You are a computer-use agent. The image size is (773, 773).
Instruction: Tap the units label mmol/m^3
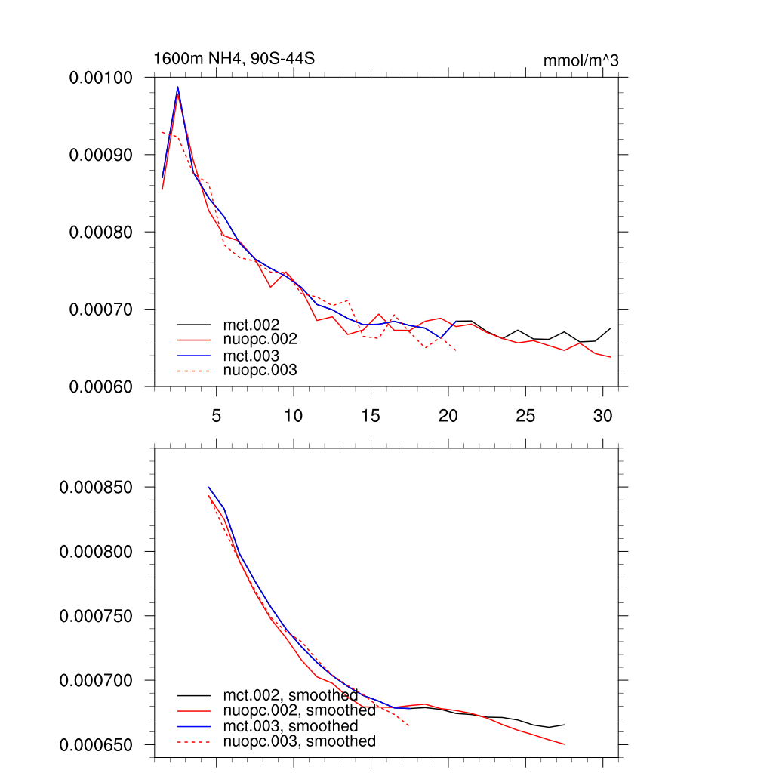[581, 60]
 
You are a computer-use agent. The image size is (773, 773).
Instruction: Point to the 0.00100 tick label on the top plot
[101, 77]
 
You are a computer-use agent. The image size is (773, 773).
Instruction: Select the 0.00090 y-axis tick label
[101, 155]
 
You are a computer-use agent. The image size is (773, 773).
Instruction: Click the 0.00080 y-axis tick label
[101, 232]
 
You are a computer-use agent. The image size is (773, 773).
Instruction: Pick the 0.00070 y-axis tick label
[101, 310]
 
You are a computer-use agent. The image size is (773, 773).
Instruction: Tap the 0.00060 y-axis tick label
[101, 386]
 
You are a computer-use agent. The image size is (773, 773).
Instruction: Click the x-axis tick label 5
[217, 415]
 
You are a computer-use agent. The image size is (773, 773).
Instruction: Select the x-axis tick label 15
[371, 415]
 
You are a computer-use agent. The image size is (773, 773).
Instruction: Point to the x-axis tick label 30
[602, 415]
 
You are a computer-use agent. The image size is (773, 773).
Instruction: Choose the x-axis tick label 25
[525, 415]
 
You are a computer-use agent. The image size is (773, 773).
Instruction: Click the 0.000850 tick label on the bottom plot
[96, 487]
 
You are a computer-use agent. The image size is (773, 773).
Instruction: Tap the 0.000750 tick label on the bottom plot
[96, 616]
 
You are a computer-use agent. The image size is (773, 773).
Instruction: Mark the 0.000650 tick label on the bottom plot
[96, 745]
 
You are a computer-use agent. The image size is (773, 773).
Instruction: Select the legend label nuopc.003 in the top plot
[260, 370]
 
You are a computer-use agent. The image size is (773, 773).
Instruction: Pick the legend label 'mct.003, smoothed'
[291, 726]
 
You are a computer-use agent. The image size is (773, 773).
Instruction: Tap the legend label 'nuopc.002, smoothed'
[299, 710]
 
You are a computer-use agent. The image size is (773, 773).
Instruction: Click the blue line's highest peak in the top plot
[178, 87]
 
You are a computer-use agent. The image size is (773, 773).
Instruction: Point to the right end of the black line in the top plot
[610, 328]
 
